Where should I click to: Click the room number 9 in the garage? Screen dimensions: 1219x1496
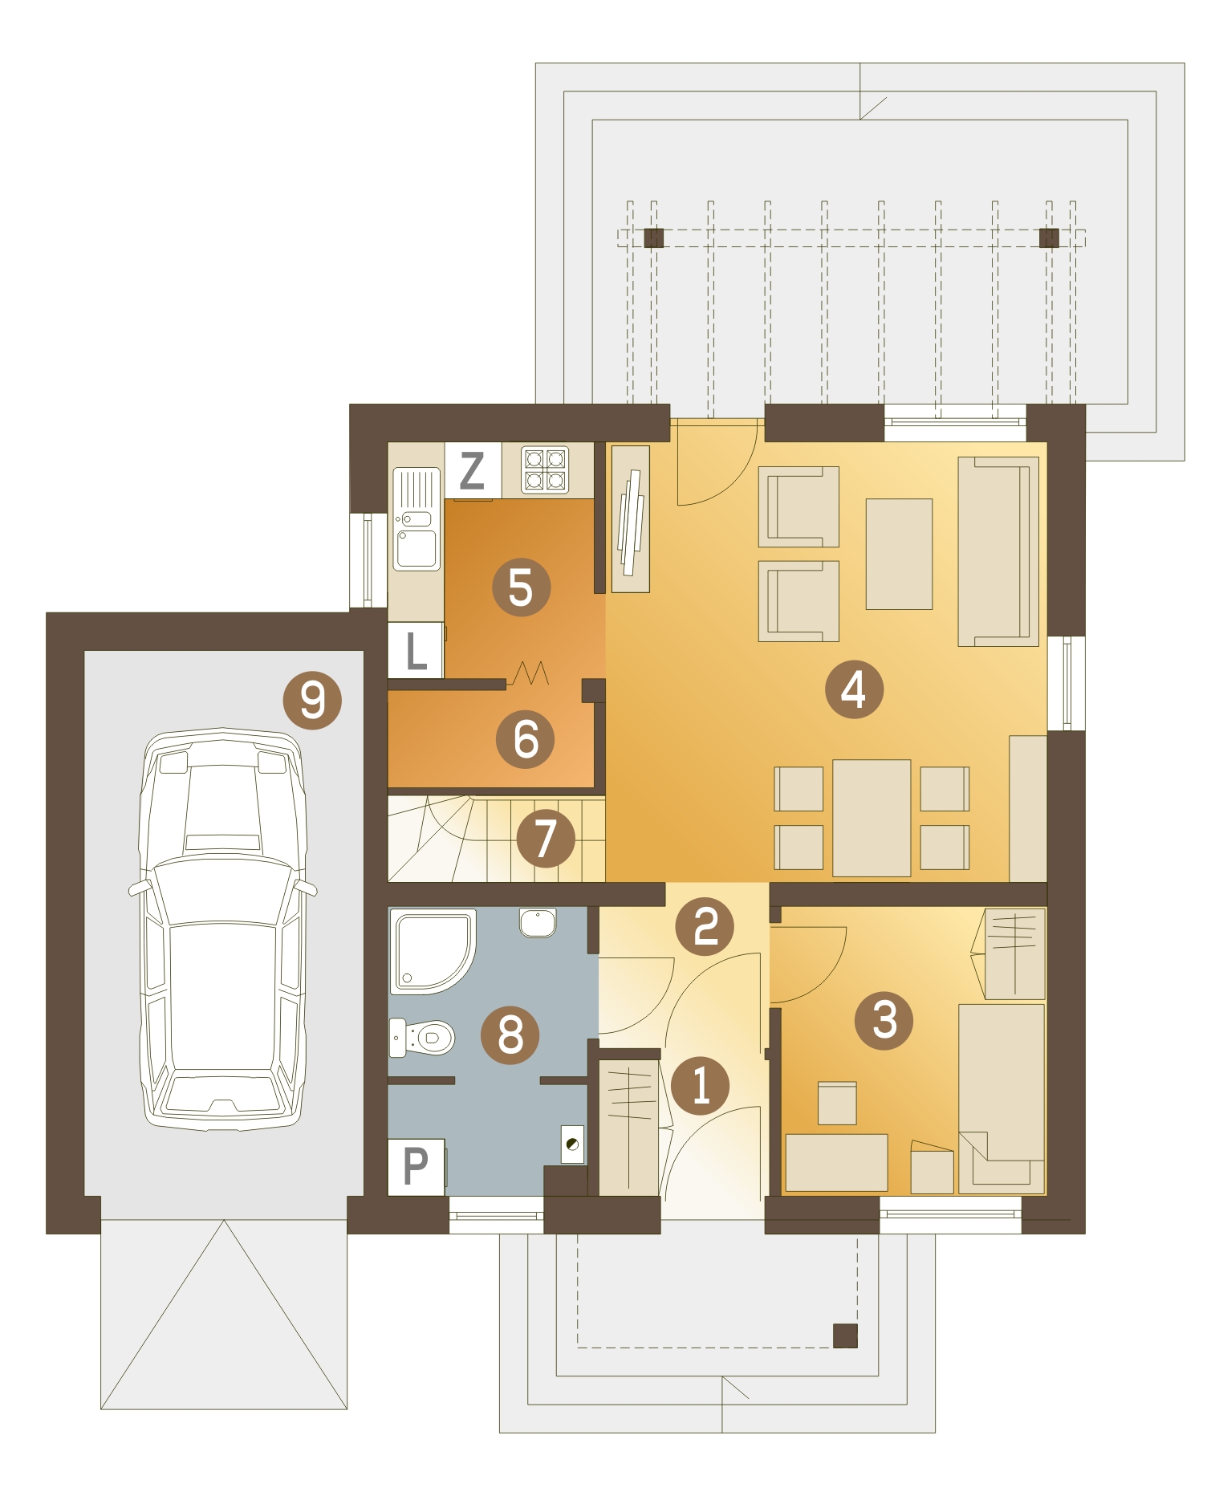pos(312,700)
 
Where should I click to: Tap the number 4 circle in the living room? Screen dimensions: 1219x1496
pos(854,689)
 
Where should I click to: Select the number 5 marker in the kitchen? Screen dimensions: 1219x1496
pos(521,587)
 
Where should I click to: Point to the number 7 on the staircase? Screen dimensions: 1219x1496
pos(546,838)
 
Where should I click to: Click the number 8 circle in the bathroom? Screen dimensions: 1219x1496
pos(510,1035)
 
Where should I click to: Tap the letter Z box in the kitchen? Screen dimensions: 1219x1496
pos(473,470)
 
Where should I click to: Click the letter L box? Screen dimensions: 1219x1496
pos(416,650)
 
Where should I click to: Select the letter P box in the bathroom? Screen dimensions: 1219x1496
pos(416,1167)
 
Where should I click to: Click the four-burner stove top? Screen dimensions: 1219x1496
pos(545,470)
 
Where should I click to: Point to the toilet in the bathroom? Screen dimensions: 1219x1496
pos(421,1038)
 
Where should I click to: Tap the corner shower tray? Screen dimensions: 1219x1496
pos(433,951)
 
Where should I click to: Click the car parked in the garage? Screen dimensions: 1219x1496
pos(223,929)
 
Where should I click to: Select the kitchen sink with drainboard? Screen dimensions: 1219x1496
pos(416,519)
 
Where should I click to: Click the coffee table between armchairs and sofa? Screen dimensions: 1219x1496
pos(899,554)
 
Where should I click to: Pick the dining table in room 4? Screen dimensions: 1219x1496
pos(872,818)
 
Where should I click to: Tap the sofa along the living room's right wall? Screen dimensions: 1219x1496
pos(998,551)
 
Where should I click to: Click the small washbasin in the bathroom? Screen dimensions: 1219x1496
pos(537,922)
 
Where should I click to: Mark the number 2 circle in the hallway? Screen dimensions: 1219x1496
pos(705,926)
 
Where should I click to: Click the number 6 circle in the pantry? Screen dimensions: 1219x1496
pos(525,739)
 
